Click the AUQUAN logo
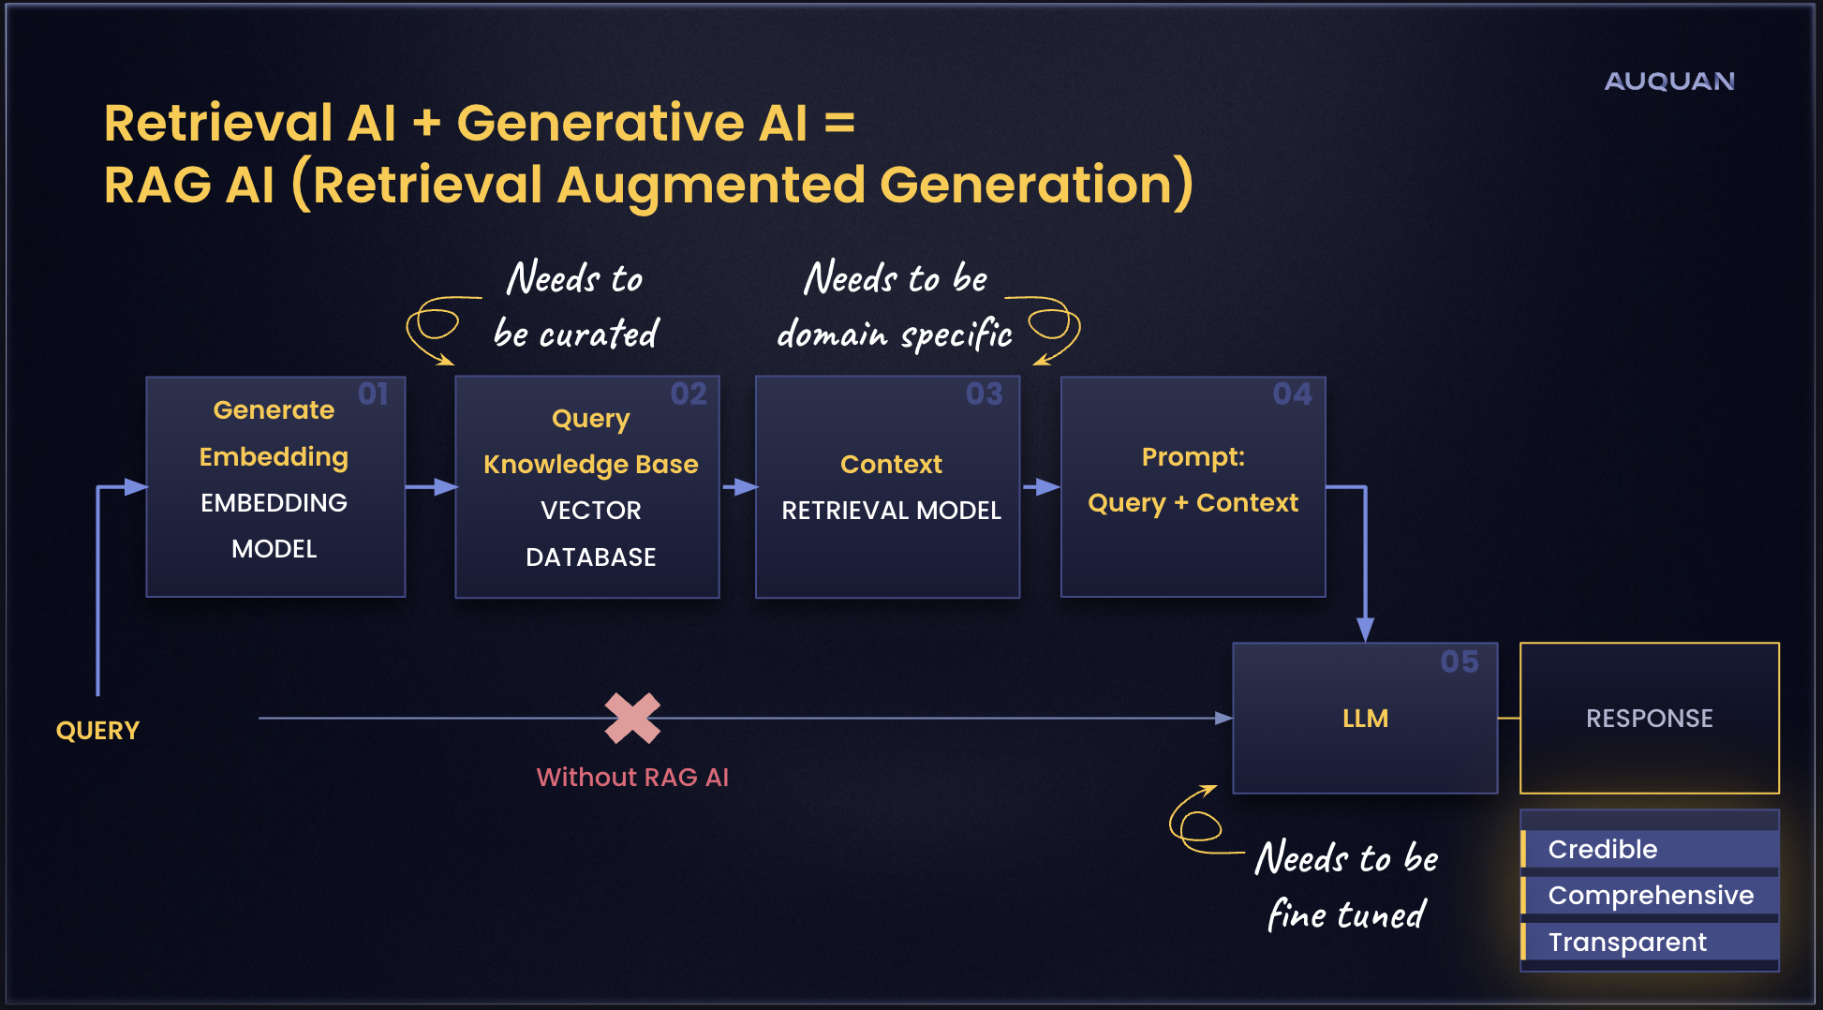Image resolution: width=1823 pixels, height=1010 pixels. click(x=1668, y=82)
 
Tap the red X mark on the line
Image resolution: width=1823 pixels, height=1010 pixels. click(x=632, y=718)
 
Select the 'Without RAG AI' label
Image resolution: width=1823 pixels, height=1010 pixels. click(x=632, y=777)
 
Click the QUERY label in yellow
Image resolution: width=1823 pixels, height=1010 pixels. click(x=97, y=731)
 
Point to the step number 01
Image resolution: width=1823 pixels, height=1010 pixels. click(x=373, y=394)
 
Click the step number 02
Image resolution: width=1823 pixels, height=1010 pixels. click(x=689, y=394)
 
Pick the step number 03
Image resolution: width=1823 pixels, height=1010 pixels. click(x=984, y=394)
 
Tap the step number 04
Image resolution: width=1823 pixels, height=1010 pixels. click(x=1292, y=394)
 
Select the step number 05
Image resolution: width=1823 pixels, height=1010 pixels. click(x=1459, y=661)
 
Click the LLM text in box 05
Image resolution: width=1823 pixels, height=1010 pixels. click(x=1365, y=719)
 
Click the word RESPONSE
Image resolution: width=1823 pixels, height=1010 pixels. click(x=1649, y=719)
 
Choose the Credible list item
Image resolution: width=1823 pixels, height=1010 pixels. click(x=1602, y=849)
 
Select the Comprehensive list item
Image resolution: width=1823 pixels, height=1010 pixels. click(x=1650, y=895)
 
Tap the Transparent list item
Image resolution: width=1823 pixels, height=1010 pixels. click(x=1626, y=942)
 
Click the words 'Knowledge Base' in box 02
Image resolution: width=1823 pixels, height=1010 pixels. click(x=590, y=464)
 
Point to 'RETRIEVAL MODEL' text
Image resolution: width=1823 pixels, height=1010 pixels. click(x=891, y=511)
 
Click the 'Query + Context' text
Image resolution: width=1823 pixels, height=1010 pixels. click(x=1193, y=503)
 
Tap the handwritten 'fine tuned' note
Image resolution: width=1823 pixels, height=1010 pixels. click(x=1346, y=914)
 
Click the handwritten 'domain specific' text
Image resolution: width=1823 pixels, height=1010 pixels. click(x=895, y=334)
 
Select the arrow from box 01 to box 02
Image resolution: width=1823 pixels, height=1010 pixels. click(x=431, y=486)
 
